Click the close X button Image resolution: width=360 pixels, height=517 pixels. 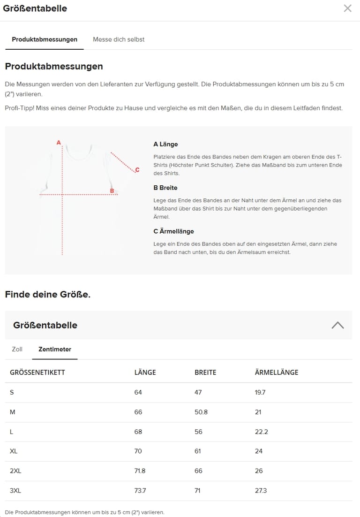click(x=347, y=8)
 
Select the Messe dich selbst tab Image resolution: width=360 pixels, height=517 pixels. click(x=119, y=39)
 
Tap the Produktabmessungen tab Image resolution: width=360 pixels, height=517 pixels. click(x=45, y=39)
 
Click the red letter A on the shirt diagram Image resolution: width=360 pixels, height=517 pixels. click(x=59, y=142)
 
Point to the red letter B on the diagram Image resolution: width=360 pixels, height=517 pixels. click(x=112, y=190)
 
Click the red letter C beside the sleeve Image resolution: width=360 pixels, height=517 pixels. click(x=137, y=170)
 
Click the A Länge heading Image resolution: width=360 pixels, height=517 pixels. click(x=165, y=144)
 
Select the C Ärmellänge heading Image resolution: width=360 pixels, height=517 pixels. click(x=173, y=231)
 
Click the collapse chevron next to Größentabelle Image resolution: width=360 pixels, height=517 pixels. click(x=337, y=325)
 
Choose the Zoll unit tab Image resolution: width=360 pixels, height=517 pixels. click(x=17, y=349)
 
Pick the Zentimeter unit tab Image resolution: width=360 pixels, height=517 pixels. click(x=55, y=349)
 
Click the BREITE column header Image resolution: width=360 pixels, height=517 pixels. click(x=205, y=373)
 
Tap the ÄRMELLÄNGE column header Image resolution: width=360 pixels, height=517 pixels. click(x=276, y=373)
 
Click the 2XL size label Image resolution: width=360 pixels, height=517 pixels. click(x=15, y=471)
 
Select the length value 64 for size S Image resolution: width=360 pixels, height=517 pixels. click(x=138, y=392)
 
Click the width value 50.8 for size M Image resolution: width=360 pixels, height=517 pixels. click(x=201, y=412)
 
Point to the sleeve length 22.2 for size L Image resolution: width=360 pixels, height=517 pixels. click(x=261, y=432)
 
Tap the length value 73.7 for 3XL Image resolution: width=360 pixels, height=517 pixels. click(x=140, y=491)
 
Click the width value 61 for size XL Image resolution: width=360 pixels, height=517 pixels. click(x=198, y=451)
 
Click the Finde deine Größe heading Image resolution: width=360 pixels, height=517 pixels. click(x=47, y=295)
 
